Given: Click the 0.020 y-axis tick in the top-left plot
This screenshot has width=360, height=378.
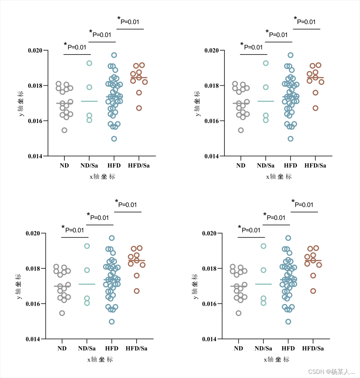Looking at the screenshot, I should pyautogui.click(x=35, y=50).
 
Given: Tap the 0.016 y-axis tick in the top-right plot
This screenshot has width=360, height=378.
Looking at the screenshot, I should pyautogui.click(x=212, y=121).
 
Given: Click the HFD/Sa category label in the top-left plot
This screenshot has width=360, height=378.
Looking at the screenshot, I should pyautogui.click(x=139, y=166).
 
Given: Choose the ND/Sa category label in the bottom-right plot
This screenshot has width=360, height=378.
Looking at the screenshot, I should pyautogui.click(x=263, y=348).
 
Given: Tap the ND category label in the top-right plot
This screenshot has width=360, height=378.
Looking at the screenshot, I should pyautogui.click(x=241, y=166).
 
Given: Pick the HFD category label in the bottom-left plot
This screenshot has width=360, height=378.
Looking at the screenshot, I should pyautogui.click(x=112, y=348).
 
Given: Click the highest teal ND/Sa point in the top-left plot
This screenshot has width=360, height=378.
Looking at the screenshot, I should pyautogui.click(x=89, y=63).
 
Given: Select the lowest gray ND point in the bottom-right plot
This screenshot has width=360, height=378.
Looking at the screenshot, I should pyautogui.click(x=238, y=313).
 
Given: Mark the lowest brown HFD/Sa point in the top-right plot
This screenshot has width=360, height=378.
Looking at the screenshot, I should pyautogui.click(x=316, y=108).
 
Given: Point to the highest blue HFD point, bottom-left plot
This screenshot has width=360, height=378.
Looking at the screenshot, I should pyautogui.click(x=112, y=238).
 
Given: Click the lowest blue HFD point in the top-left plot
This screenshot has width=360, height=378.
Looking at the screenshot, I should pyautogui.click(x=114, y=139).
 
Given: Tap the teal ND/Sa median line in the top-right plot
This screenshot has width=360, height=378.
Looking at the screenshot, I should pyautogui.click(x=266, y=101).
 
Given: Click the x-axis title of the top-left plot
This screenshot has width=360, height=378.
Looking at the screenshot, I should pyautogui.click(x=102, y=177).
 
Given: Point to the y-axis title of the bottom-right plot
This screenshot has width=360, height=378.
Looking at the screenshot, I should pyautogui.click(x=195, y=286).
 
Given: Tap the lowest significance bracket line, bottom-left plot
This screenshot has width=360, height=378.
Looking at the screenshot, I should pyautogui.click(x=75, y=238).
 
